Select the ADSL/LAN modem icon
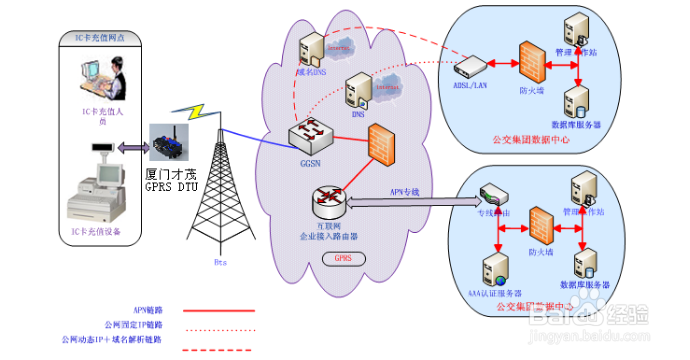pyautogui.click(x=471, y=69)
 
